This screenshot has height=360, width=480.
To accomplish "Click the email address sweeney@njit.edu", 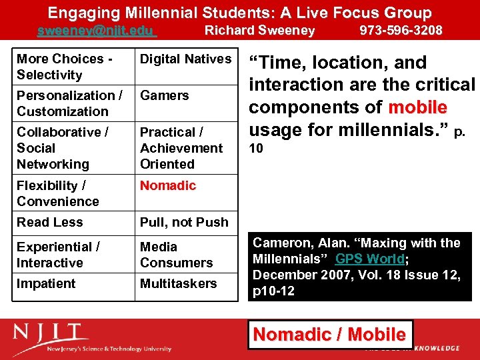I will (x=95, y=30).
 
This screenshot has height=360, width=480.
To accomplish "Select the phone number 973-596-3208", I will (x=401, y=30).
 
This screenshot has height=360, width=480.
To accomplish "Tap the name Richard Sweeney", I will (x=259, y=30).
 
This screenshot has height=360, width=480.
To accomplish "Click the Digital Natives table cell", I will (x=185, y=59).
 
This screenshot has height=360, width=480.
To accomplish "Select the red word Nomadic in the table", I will (x=168, y=185).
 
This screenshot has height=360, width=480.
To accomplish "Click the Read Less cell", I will (x=50, y=222).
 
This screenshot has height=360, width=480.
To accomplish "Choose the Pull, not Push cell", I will (x=184, y=222).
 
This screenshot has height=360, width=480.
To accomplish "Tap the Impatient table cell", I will (x=46, y=283).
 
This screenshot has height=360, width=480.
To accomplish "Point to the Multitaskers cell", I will (x=178, y=283).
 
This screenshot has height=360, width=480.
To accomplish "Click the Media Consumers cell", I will (x=176, y=255).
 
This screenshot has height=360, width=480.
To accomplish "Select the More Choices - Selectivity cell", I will (x=64, y=67).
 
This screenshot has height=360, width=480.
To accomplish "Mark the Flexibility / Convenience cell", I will (x=57, y=193).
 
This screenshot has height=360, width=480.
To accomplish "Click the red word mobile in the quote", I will (x=418, y=107).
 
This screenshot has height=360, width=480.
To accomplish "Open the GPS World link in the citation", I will (x=370, y=259).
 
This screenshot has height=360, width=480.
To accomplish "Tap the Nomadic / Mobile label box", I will (x=331, y=335).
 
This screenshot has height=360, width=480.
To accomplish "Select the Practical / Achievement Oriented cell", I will (x=181, y=148).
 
